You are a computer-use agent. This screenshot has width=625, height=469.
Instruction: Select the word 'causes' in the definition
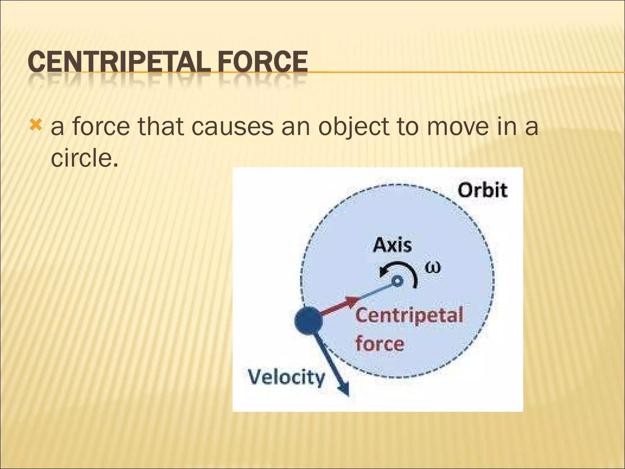232,127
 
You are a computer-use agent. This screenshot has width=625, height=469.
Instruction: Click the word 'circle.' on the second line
84,158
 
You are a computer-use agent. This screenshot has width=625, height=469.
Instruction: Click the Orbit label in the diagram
482,191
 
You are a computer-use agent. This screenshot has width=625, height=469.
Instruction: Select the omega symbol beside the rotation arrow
433,268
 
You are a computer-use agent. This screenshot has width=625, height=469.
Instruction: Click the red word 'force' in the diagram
380,344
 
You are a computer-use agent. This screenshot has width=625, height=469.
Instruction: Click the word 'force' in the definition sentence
101,127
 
